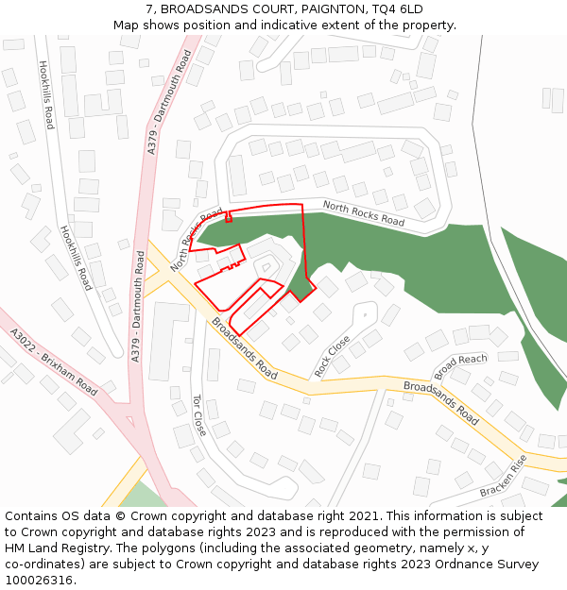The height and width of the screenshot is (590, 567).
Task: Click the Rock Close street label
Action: (332, 356)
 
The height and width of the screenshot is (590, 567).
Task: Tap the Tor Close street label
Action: (198, 415)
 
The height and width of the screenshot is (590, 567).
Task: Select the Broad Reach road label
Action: (460, 365)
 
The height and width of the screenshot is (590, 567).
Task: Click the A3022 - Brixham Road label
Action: (54, 362)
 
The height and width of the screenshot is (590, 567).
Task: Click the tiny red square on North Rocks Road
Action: (228, 218)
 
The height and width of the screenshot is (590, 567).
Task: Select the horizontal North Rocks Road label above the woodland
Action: (364, 213)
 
